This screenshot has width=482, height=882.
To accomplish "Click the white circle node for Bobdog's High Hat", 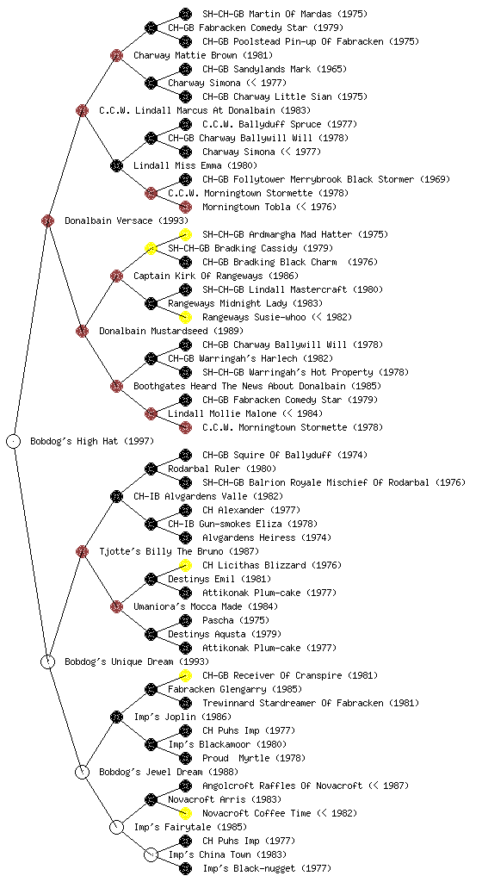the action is [x=14, y=441].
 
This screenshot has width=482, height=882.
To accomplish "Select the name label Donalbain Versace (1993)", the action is [x=127, y=220].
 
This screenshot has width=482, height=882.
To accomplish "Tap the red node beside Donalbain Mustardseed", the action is [x=82, y=331].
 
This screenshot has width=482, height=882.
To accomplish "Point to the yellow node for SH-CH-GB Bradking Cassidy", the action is [x=151, y=248].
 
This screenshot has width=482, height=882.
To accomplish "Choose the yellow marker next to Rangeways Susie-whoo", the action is [x=185, y=317].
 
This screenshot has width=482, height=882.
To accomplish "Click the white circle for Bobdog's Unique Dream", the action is [x=48, y=661].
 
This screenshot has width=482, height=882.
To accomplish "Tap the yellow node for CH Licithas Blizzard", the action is [x=185, y=565].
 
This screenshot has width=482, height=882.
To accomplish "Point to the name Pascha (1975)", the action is [x=236, y=620].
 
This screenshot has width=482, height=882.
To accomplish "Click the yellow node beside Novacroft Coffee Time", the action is [x=185, y=813].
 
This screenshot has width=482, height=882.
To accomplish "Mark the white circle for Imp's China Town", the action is [x=151, y=854].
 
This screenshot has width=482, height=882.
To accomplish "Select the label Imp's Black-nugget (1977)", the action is [x=268, y=868].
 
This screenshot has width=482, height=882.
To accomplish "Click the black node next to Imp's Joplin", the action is [x=116, y=717].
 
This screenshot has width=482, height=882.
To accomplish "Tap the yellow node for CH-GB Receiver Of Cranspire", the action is [x=185, y=675].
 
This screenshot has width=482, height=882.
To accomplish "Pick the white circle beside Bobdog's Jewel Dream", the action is [x=82, y=772].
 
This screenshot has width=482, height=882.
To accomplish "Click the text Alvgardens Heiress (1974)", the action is [x=267, y=537].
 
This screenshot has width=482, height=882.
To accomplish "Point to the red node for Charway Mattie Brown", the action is [x=116, y=55].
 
